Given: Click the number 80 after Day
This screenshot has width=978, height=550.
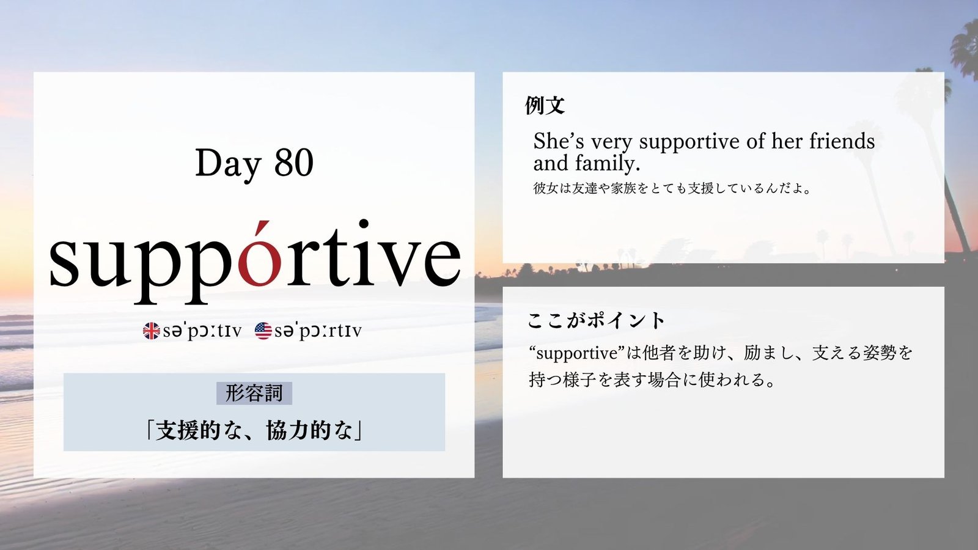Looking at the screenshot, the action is click(x=294, y=163).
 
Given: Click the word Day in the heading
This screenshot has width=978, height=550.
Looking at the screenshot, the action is click(x=228, y=164).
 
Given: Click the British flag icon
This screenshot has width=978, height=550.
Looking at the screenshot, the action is click(x=152, y=331).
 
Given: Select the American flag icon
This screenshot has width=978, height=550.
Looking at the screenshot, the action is click(x=263, y=331).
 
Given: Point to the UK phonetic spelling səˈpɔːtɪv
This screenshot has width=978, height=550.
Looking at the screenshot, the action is click(x=202, y=331).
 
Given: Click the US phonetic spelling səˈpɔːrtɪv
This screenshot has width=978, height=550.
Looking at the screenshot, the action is click(x=318, y=331).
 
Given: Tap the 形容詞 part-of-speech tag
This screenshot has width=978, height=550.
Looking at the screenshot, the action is click(x=254, y=393).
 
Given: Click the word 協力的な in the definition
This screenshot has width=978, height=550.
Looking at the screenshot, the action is click(x=309, y=431).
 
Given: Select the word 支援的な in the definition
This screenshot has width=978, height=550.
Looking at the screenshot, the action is click(x=199, y=431).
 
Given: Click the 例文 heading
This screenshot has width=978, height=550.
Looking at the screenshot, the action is click(x=545, y=105).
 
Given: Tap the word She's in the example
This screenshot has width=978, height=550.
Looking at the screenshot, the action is click(x=559, y=141).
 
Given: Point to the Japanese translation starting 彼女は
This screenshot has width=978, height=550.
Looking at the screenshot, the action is click(x=672, y=188).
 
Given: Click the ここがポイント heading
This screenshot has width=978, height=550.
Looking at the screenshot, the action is click(x=596, y=320).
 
